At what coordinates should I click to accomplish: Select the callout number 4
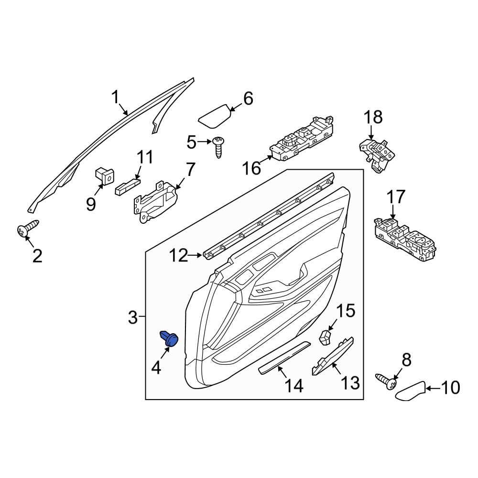click(x=157, y=368)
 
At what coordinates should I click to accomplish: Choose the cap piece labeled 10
click(x=412, y=391)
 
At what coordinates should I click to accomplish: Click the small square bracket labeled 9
click(x=104, y=175)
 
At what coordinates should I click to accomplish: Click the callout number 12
click(x=179, y=256)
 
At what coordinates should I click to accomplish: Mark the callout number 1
click(x=115, y=97)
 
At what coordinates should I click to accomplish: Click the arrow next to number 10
click(x=432, y=388)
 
